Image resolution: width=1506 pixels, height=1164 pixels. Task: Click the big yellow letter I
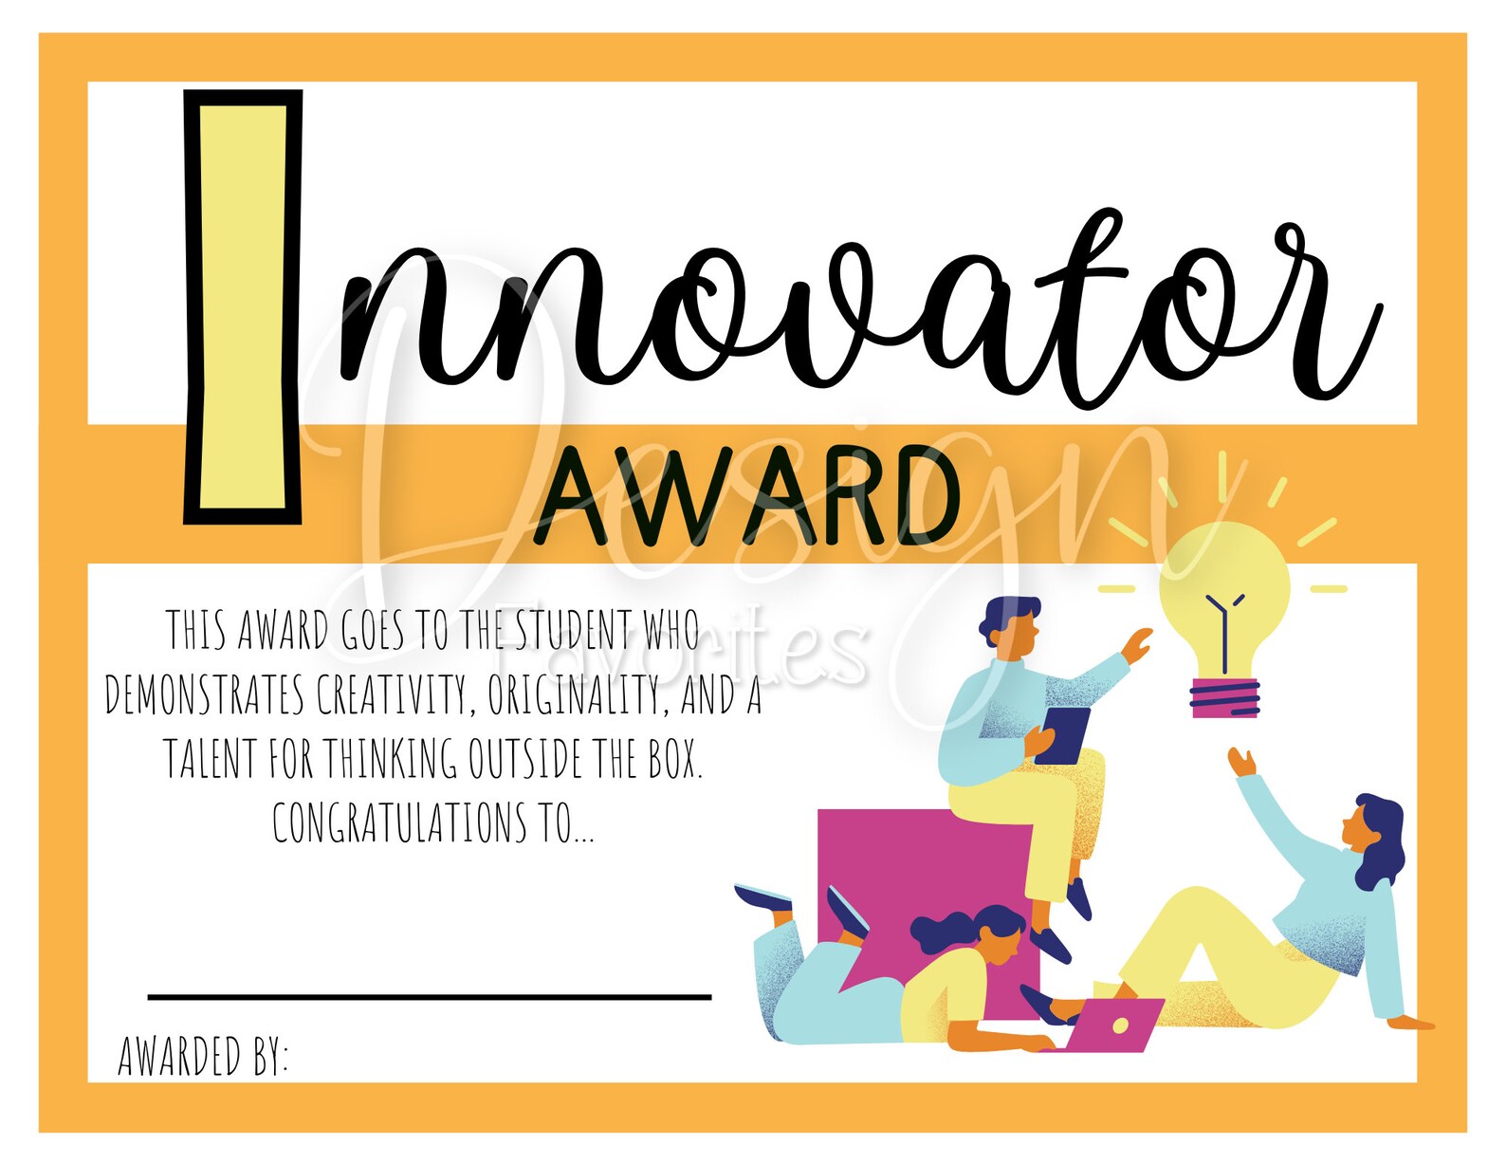pyautogui.click(x=243, y=306)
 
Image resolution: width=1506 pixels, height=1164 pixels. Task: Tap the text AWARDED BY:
pyautogui.click(x=202, y=1056)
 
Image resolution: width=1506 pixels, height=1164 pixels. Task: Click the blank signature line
pyautogui.click(x=430, y=998)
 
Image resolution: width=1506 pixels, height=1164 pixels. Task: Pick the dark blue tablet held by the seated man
pyautogui.click(x=1061, y=735)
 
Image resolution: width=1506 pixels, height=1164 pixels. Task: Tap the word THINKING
pyautogui.click(x=390, y=758)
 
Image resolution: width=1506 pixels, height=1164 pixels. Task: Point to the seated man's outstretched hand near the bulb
pyautogui.click(x=1136, y=645)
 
